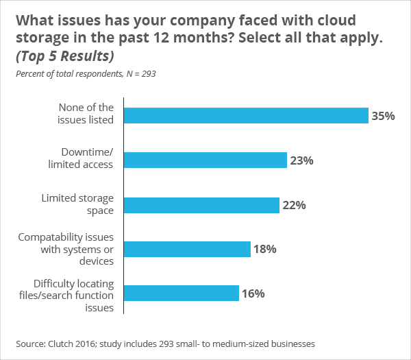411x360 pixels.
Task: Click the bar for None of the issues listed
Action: [247, 116]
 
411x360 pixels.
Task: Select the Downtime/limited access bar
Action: [206, 160]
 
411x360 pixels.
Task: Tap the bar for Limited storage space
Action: [202, 205]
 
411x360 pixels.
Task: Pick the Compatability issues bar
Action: [188, 249]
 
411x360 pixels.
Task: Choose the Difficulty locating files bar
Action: [182, 293]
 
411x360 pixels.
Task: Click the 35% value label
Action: [383, 116]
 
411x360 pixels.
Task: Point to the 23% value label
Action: [301, 160]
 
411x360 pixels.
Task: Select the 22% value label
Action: [294, 205]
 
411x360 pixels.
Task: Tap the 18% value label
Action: [265, 249]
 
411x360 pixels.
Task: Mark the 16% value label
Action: [253, 293]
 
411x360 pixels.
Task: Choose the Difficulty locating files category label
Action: [74, 294]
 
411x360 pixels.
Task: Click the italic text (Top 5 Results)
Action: [65, 55]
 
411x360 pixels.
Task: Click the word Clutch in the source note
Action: [62, 342]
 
